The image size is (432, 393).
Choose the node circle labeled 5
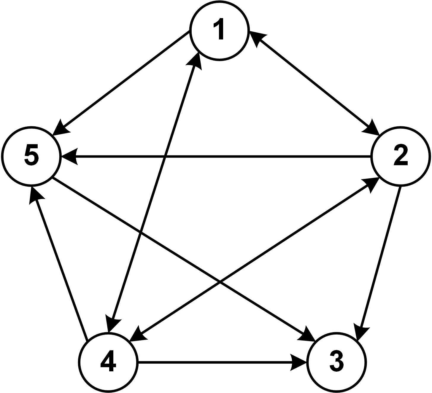(31, 156)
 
